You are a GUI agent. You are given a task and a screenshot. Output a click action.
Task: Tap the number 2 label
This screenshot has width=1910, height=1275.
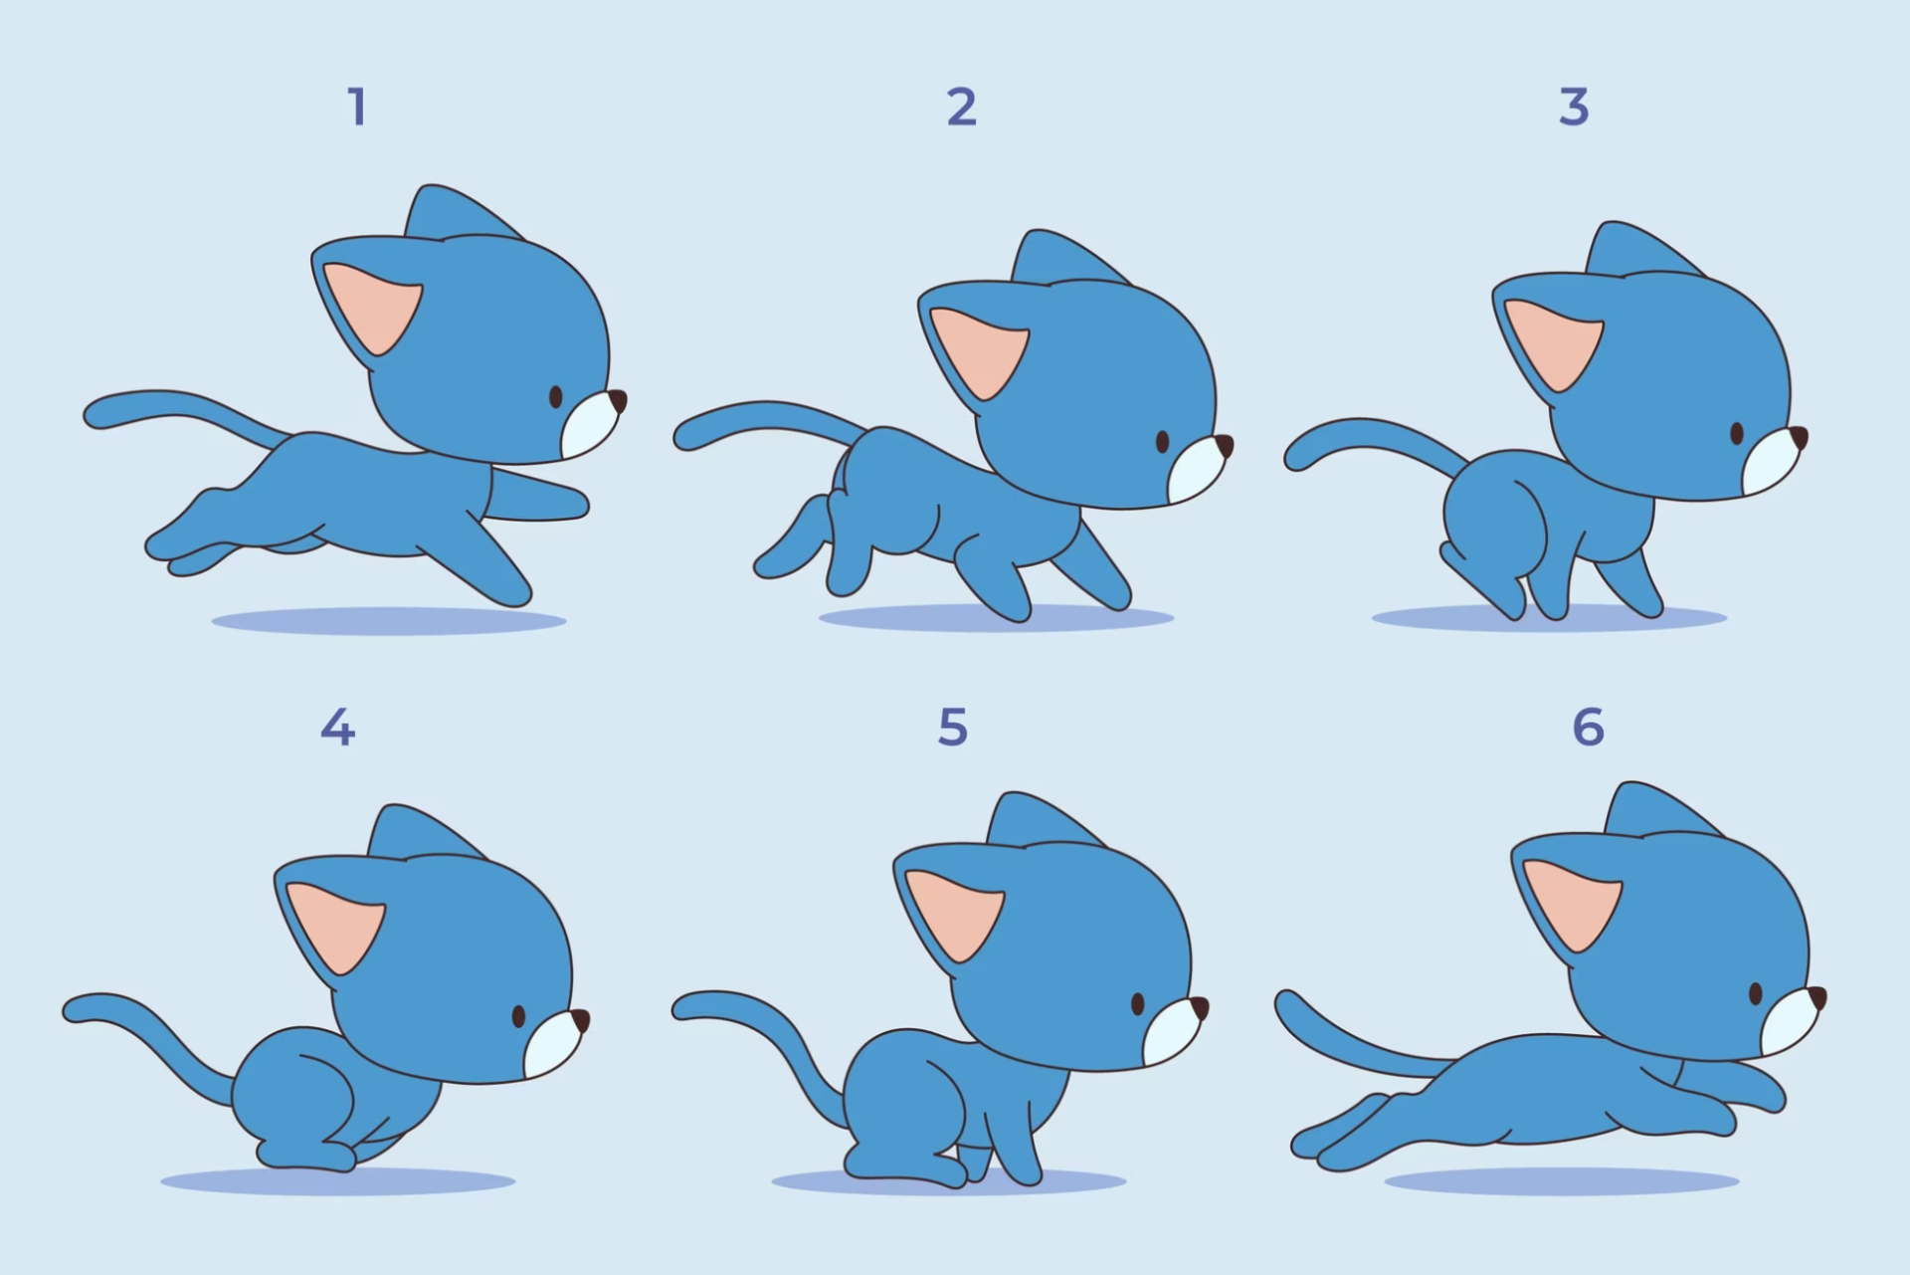tap(961, 106)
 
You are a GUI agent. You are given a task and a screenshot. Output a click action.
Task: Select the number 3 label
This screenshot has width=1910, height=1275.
tap(1574, 106)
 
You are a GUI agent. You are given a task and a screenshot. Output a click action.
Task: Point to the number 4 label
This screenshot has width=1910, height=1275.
tap(338, 728)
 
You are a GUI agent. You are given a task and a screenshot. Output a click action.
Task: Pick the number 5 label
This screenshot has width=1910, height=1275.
tap(953, 728)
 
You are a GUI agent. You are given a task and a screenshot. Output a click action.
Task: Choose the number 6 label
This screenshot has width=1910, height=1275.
tap(1589, 728)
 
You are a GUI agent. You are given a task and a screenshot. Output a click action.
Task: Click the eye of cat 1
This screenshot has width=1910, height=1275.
tap(555, 397)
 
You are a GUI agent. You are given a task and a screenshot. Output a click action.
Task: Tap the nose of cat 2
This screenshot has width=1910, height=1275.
tap(1224, 445)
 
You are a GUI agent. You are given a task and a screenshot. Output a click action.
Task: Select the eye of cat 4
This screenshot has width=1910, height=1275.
tap(518, 1016)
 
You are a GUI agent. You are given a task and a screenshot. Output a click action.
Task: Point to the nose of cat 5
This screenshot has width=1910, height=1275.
tap(1200, 1008)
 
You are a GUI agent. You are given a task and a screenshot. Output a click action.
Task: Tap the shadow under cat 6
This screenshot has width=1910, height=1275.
tap(1561, 1181)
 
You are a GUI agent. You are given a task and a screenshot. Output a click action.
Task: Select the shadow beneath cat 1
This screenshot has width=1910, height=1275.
tap(389, 621)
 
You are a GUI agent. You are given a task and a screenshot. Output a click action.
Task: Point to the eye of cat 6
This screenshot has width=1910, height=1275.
tap(1756, 993)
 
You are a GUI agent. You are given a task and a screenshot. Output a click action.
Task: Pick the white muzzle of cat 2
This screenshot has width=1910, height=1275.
tap(1198, 470)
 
